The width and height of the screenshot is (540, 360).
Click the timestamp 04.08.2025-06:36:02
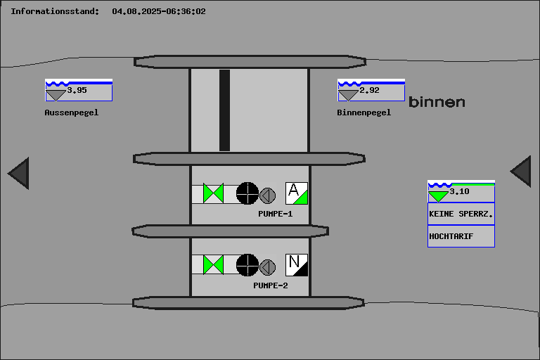point(159,11)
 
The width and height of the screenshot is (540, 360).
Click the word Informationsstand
point(54,11)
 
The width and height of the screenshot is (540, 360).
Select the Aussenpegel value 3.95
point(77,90)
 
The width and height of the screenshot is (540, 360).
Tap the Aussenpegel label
point(71,112)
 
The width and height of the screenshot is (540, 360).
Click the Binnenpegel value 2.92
point(369,90)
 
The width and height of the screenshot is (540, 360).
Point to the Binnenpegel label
point(364,112)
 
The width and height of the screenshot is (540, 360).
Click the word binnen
point(437,102)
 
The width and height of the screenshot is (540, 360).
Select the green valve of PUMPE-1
point(213,193)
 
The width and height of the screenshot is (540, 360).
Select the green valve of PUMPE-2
point(213,265)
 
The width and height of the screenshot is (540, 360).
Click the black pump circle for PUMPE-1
point(247,193)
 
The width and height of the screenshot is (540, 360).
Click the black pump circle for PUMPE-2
point(247,265)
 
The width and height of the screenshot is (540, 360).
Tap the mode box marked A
point(297,193)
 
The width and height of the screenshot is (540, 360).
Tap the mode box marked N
point(297,265)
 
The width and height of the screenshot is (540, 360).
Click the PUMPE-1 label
point(275,214)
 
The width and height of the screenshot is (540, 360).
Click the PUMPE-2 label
point(270,285)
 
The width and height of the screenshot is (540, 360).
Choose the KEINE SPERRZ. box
point(461,214)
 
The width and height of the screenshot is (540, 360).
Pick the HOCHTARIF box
point(461,236)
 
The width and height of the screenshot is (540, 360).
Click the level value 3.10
point(459,191)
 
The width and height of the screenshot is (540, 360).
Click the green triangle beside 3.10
point(438,196)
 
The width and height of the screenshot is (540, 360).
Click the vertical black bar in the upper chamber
point(224,110)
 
